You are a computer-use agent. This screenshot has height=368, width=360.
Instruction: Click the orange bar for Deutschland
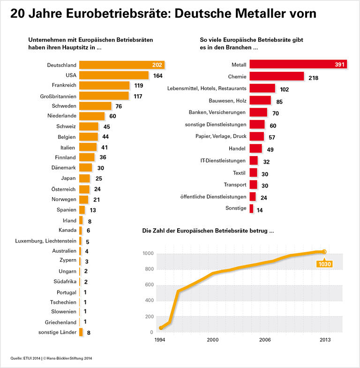coord(122,65)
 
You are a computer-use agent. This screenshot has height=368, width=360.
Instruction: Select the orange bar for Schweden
coord(95,106)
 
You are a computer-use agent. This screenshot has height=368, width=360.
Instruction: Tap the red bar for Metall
coord(298,64)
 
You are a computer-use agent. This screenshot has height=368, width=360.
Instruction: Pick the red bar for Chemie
coord(277,76)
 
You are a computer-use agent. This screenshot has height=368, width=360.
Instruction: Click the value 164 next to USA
coord(158,75)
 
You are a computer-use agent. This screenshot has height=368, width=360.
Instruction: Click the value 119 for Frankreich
coord(139,86)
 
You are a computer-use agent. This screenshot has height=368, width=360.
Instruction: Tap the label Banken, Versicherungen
coord(217,112)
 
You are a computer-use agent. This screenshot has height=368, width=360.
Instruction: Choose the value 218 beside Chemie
coord(314,77)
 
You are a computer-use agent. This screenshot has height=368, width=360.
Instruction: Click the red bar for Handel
coord(255,149)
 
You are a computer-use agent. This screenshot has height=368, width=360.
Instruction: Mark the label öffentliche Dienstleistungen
coord(213,196)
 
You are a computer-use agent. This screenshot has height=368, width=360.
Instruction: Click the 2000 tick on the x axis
coord(213,339)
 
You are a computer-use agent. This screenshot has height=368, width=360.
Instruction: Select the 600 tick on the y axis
coord(148,285)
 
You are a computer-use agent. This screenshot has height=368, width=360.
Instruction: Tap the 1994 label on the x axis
coord(161,339)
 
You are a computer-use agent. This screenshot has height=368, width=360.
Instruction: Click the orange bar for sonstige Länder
coord(81,332)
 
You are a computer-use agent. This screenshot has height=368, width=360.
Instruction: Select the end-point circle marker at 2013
coord(324,252)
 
